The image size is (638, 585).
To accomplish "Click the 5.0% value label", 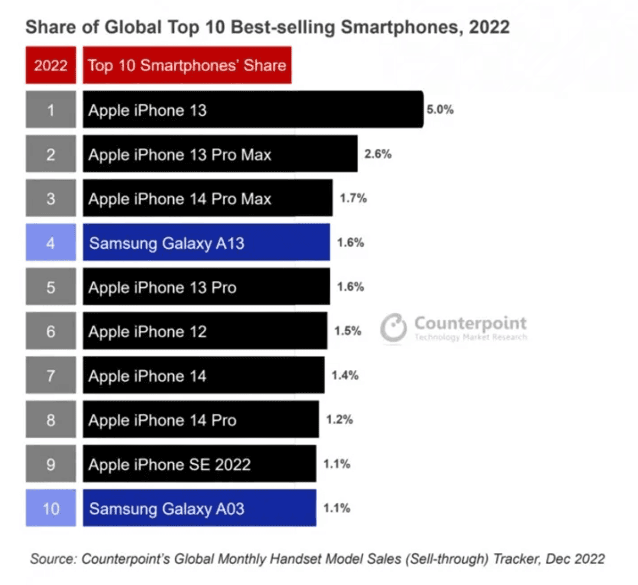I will [x=440, y=110].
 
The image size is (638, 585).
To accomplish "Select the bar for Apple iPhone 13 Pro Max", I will [x=220, y=154].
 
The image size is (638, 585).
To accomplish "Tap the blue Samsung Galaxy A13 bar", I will [x=206, y=243].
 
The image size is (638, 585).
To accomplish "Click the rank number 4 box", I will [x=51, y=243].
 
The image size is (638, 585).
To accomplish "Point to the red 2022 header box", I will [x=51, y=65].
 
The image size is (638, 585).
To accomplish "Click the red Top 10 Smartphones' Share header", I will [x=187, y=65].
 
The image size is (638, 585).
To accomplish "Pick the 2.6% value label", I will [x=378, y=154].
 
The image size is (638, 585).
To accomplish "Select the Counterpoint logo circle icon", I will [x=393, y=327].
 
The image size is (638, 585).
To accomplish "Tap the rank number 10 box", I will [x=51, y=508].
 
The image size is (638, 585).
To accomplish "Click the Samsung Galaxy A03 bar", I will [x=199, y=508].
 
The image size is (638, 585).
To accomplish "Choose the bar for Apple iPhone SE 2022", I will [x=199, y=464].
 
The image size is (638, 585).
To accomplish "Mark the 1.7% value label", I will [x=353, y=198].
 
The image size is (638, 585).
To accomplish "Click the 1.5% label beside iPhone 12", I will [x=348, y=331].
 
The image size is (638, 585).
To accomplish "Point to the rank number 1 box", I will [x=51, y=110].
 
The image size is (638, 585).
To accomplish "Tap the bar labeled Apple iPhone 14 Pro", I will [x=201, y=419].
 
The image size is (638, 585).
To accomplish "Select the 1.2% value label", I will [x=339, y=419].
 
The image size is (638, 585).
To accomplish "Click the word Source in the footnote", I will [x=52, y=559].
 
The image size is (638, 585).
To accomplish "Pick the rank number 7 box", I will [x=51, y=375].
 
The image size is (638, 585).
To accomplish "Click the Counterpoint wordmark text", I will [x=470, y=323].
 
